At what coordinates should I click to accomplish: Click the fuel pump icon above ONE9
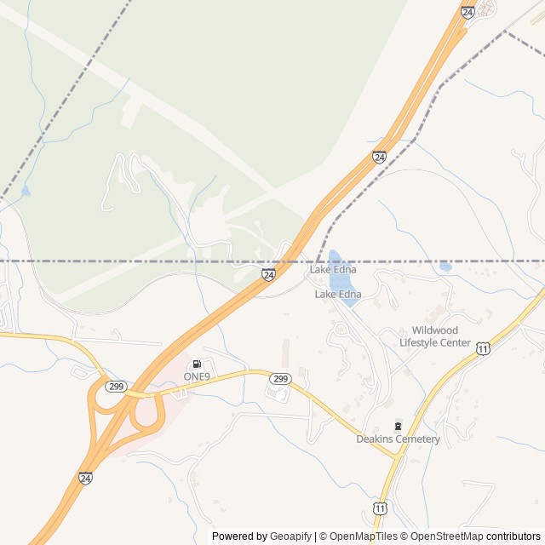[x=198, y=364]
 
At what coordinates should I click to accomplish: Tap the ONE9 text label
[x=198, y=376]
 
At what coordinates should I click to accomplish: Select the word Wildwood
[x=434, y=330]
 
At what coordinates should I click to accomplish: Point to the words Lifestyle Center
[x=434, y=342]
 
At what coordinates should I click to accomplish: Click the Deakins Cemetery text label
[x=398, y=439]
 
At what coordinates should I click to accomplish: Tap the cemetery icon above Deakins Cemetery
[x=398, y=426]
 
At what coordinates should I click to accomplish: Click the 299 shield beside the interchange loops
[x=117, y=387]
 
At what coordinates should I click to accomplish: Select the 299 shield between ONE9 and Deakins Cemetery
[x=281, y=378]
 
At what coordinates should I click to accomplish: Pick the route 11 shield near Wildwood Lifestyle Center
[x=483, y=348]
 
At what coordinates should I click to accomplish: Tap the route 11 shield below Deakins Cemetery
[x=379, y=508]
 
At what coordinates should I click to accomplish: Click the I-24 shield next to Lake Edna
[x=268, y=274]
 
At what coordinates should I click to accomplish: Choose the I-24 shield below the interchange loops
[x=86, y=479]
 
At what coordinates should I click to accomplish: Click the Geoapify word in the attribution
[x=290, y=536]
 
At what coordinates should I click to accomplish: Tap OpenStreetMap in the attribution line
[x=446, y=536]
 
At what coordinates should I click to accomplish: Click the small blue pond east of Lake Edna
[x=445, y=267]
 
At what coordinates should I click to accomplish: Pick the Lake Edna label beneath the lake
[x=338, y=295]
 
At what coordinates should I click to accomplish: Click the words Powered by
[x=238, y=536]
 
